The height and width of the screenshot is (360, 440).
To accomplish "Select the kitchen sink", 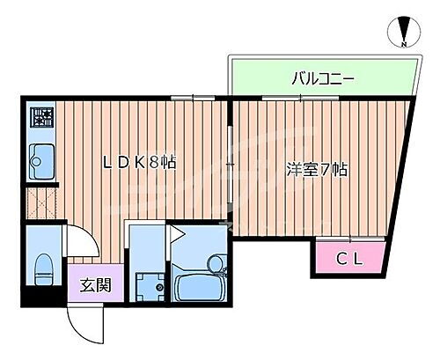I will click(40, 161).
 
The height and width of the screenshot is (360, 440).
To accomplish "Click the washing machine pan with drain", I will click(147, 285).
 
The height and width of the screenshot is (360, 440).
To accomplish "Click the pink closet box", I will click(348, 257).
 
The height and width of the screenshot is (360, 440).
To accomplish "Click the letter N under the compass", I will click(403, 45).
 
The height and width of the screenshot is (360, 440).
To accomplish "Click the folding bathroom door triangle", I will click(176, 234).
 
